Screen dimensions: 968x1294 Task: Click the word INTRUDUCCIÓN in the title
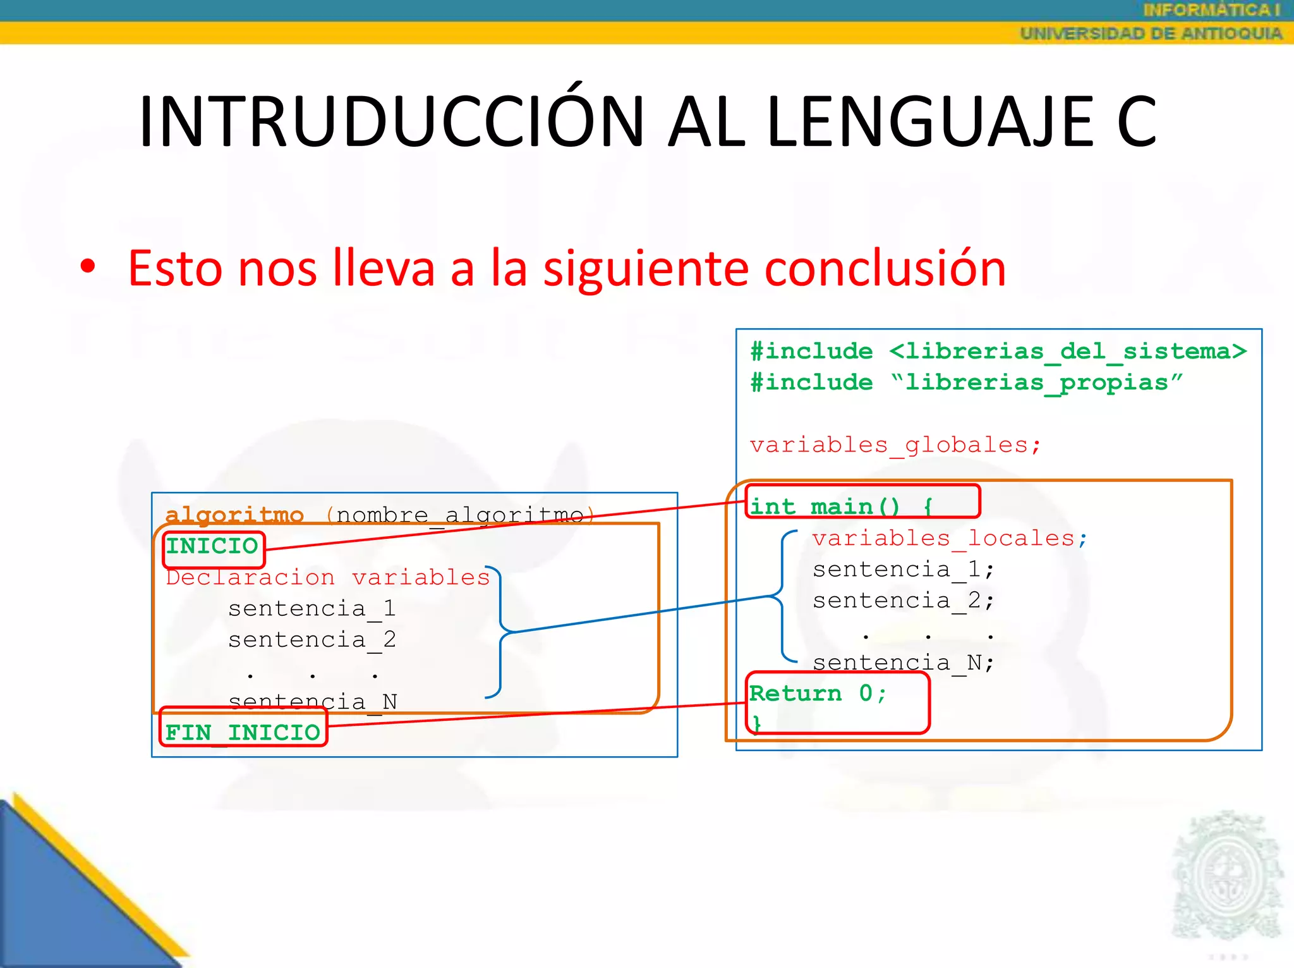pos(392,121)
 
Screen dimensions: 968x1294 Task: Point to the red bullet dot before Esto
pos(88,266)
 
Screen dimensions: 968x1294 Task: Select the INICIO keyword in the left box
pos(212,546)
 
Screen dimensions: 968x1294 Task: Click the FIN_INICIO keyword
pos(243,733)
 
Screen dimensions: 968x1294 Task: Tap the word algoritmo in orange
pos(234,515)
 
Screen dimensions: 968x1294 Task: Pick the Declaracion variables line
pos(327,577)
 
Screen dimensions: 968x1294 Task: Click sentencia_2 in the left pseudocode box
pos(312,640)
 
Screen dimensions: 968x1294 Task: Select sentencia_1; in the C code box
pos(904,570)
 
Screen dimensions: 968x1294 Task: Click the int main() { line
pos(840,506)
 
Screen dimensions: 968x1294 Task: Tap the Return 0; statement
pos(818,694)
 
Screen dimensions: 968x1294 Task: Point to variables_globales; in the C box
pos(895,445)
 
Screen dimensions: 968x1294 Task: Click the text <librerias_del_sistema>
pos(1068,352)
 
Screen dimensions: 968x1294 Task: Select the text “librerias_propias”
pos(1036,383)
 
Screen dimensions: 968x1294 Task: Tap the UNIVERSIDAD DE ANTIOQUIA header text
pos(1151,34)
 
